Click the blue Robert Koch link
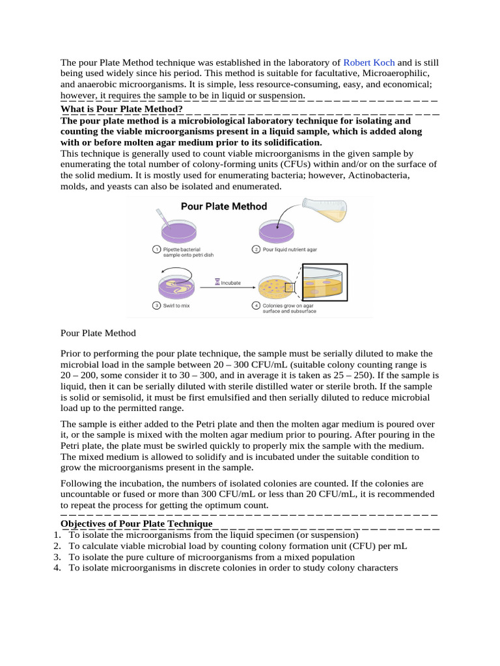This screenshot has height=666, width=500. (368, 63)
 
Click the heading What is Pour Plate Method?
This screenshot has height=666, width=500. (121, 109)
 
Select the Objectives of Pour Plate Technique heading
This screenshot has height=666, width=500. (136, 524)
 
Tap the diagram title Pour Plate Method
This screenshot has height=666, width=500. (223, 206)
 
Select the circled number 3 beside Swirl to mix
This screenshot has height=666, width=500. (156, 306)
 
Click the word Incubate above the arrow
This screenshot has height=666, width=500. (230, 283)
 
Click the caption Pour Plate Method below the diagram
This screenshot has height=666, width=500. (98, 333)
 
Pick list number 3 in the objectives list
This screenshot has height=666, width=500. (57, 557)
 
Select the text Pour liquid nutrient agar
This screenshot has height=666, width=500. (290, 249)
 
